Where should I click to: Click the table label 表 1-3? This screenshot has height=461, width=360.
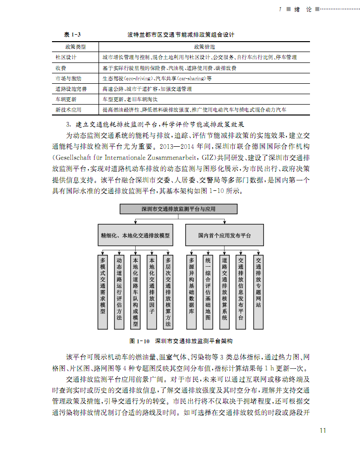(72, 35)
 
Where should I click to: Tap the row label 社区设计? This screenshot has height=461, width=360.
(66, 58)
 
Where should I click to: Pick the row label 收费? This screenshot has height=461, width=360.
(61, 68)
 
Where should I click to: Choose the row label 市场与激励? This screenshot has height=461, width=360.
(68, 78)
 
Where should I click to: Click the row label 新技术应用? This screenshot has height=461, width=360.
(68, 110)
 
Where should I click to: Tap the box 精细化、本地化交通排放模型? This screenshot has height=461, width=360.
(135, 235)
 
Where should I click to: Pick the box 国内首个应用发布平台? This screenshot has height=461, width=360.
(224, 235)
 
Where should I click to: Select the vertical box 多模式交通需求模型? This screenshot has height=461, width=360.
(103, 291)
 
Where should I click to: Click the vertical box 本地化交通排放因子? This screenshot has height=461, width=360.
(152, 291)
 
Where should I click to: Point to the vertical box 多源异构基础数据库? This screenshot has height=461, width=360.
(192, 291)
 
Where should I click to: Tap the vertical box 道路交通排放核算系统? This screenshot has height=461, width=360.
(225, 291)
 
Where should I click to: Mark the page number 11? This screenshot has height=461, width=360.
(323, 430)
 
